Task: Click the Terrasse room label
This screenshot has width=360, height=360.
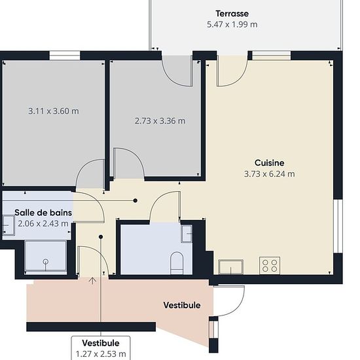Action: [x=232, y=14]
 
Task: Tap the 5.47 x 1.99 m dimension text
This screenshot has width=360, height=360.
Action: [x=232, y=24]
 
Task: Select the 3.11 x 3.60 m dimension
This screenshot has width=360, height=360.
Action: [x=54, y=111]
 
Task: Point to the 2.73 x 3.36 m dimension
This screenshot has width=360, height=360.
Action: [x=160, y=121]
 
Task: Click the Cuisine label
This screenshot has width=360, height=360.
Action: [x=269, y=163]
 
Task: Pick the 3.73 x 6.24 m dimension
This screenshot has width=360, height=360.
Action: [x=269, y=174]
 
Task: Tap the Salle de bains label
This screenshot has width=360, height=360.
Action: [x=43, y=213]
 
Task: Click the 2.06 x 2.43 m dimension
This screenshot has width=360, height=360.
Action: [x=43, y=223]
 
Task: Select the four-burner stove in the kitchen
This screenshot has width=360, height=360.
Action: [x=270, y=265]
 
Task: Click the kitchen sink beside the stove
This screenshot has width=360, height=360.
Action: [x=231, y=267]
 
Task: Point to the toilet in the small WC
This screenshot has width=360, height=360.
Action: [x=177, y=263]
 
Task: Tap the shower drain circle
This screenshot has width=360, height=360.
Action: [x=46, y=261]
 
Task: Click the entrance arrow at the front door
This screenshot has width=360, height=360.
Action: [x=92, y=281]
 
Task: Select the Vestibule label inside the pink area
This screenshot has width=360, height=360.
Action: [x=182, y=306]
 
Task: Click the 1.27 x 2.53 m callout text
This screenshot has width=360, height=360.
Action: [x=101, y=354]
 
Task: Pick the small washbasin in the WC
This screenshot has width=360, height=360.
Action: [x=187, y=234]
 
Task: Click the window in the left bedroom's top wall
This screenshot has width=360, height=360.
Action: [x=65, y=56]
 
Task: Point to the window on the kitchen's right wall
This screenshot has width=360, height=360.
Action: [x=338, y=226]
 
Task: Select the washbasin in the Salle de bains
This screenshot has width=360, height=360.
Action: [x=9, y=225]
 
